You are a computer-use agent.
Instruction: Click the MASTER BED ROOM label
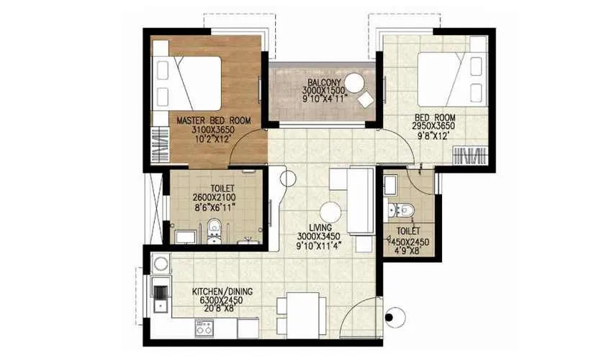coord(210,120)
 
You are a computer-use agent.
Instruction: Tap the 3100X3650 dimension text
coord(210,130)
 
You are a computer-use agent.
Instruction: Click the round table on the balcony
coord(354,82)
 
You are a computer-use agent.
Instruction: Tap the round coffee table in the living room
coord(330,212)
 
